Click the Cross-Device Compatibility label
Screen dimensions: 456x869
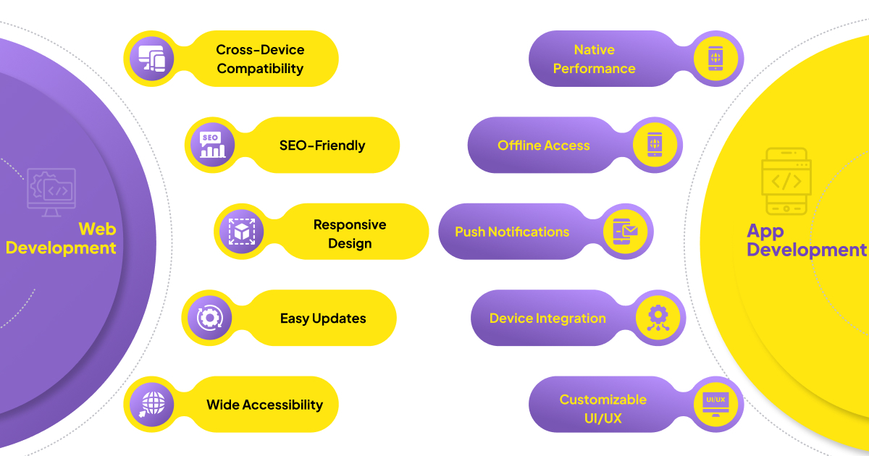pos(260,59)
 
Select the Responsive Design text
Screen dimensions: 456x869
pos(350,234)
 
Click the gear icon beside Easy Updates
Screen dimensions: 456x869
pos(210,318)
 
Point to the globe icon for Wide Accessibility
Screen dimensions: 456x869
pos(152,404)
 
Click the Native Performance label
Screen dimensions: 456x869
pos(594,59)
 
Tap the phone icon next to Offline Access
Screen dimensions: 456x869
pos(655,145)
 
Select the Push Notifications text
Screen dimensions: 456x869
pos(512,232)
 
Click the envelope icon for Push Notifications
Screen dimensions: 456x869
pos(625,232)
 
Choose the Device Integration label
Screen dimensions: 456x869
pos(547,318)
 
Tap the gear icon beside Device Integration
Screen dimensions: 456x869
pos(658,318)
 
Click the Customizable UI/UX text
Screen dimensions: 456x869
pos(603,409)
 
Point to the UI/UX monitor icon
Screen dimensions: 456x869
pos(715,404)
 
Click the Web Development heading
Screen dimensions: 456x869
pos(62,239)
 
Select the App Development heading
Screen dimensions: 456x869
pos(806,240)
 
